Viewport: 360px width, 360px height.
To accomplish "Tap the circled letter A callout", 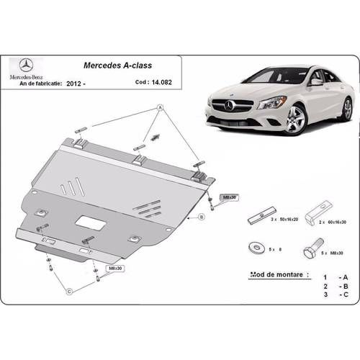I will pos(160,108).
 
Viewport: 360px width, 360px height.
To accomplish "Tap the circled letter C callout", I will pos(72,290).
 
